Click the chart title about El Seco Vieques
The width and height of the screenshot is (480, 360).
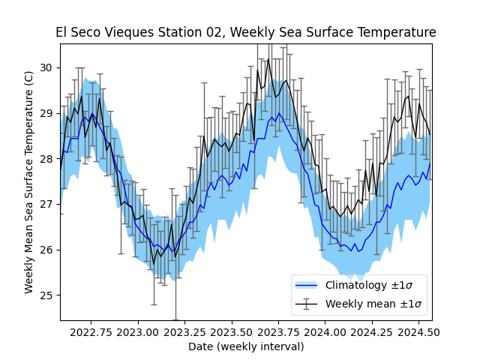click(246, 33)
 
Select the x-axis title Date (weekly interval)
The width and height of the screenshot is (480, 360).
click(246, 346)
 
